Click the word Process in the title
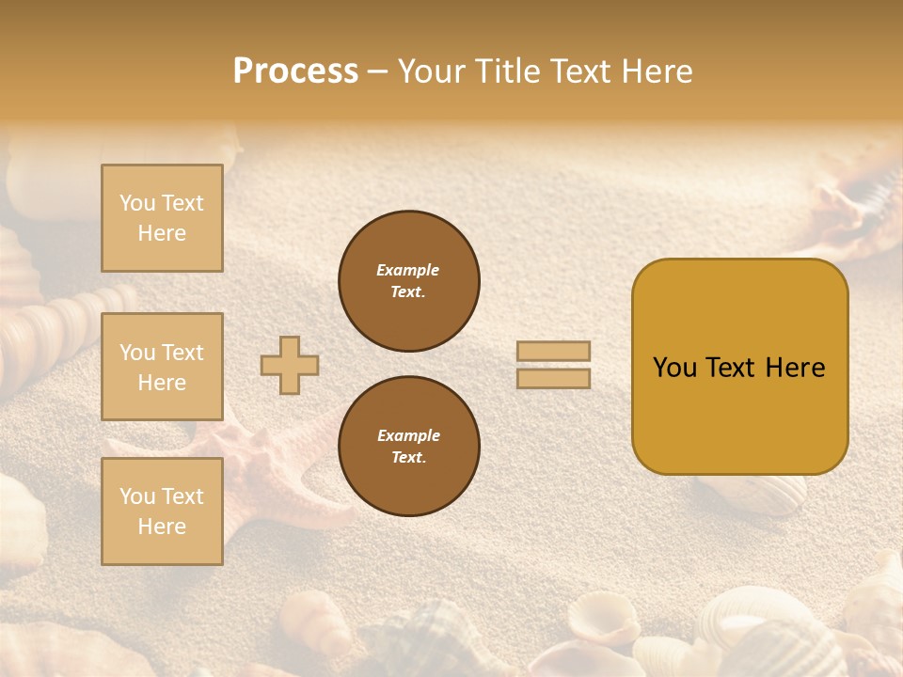(295, 71)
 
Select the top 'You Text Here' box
(162, 218)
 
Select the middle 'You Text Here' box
(162, 367)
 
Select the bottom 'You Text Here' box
(162, 512)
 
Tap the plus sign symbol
(290, 365)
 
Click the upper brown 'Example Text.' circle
(409, 281)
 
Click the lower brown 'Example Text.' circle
(409, 446)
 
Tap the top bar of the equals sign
(553, 351)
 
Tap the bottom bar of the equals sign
(553, 378)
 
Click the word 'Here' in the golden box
(795, 368)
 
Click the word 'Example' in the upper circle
(408, 270)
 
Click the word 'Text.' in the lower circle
(408, 457)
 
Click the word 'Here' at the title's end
(657, 71)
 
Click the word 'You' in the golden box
(674, 368)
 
